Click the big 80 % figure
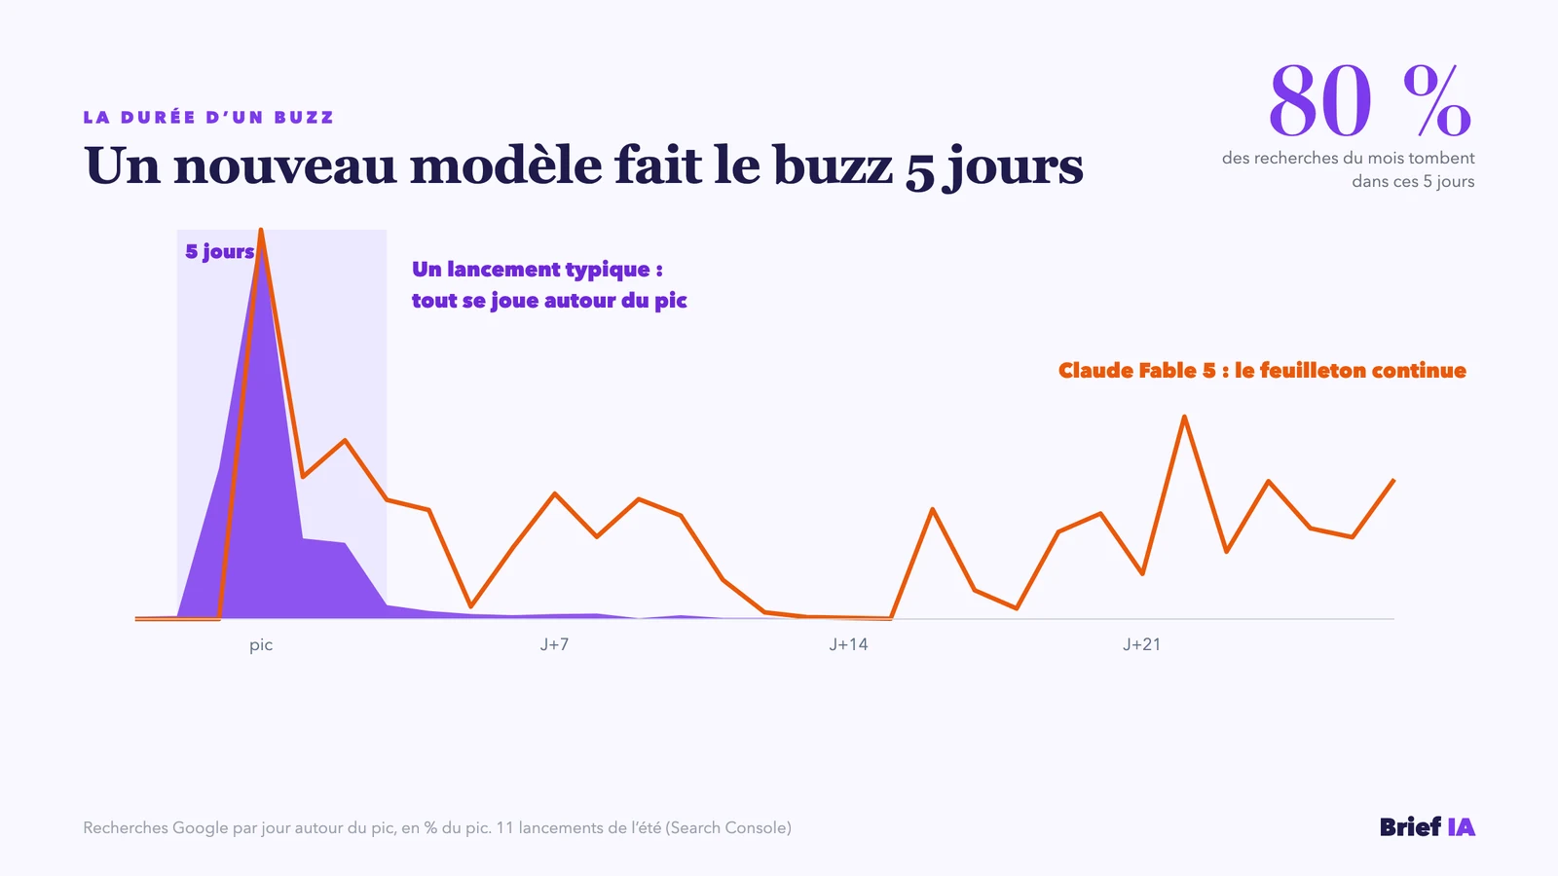tap(1369, 101)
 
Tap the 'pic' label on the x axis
tap(261, 645)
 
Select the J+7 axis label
tap(554, 644)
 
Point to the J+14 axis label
tap(848, 644)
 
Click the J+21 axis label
tap(1141, 644)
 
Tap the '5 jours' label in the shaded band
tap(220, 251)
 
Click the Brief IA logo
tap(1428, 826)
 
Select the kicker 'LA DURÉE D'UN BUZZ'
tap(208, 117)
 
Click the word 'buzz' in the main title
tap(833, 165)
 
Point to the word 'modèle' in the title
tap(505, 165)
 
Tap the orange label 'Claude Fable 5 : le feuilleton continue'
tap(1262, 370)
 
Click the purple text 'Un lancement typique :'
tap(537, 269)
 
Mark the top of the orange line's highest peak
tap(261, 230)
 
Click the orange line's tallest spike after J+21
tap(1184, 417)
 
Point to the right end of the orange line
tap(1393, 480)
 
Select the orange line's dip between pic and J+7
tap(471, 606)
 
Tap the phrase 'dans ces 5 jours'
tap(1413, 181)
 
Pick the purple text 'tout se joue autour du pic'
tap(549, 301)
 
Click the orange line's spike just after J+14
tap(933, 510)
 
